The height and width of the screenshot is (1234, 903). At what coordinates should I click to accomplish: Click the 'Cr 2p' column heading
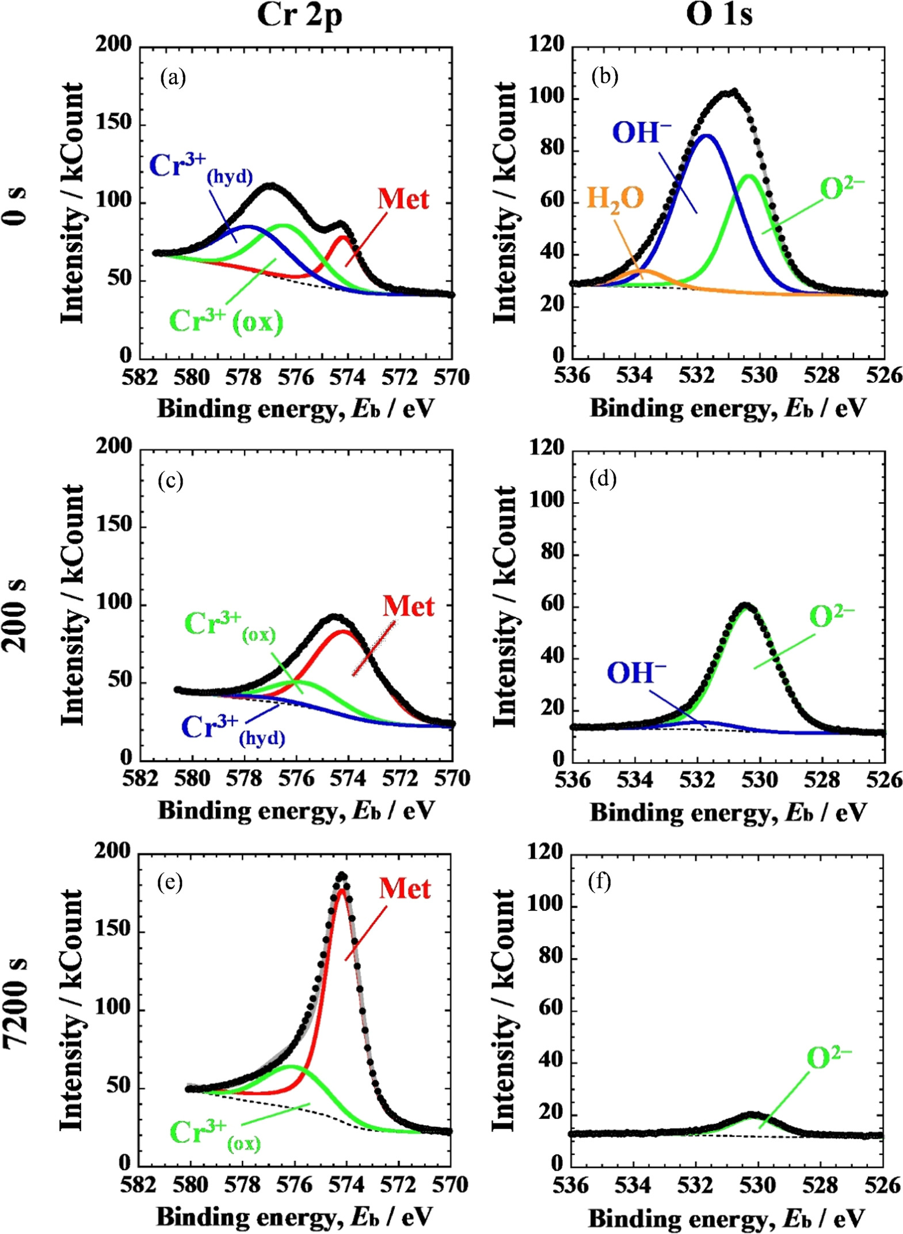click(299, 15)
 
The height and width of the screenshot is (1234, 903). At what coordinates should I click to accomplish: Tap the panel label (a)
click(173, 77)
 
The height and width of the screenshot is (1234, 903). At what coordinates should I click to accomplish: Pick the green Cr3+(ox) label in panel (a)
click(226, 321)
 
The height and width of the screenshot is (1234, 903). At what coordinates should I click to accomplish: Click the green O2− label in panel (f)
click(829, 1057)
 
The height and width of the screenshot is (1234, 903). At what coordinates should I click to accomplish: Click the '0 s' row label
click(16, 206)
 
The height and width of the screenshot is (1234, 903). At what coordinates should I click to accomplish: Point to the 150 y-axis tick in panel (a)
click(113, 123)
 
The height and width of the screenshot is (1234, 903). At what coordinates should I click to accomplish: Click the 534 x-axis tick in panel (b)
click(634, 375)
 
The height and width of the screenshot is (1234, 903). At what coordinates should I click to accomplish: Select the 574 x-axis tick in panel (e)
click(346, 1185)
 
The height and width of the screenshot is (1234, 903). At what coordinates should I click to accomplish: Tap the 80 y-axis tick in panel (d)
click(553, 552)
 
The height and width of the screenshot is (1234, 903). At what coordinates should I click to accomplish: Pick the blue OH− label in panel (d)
click(637, 673)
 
